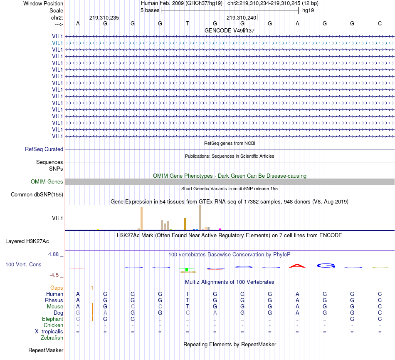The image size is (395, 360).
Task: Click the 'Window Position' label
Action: pos(43,3)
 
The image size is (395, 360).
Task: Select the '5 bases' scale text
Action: pos(150,10)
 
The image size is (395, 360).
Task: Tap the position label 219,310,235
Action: pos(104,17)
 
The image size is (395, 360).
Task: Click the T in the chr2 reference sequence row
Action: pos(188,23)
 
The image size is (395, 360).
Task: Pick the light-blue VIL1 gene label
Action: pos(58,43)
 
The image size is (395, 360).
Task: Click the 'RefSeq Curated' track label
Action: pos(44,149)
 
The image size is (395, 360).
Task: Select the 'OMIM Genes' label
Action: pos(47,181)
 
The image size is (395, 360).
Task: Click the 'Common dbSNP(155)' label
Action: pos(37,194)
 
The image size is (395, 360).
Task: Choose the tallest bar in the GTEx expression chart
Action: pos(200,217)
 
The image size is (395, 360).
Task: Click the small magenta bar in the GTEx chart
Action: pos(220,228)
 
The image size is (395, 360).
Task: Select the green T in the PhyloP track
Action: pos(187,270)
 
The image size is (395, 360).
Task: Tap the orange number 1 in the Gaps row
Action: pos(92,288)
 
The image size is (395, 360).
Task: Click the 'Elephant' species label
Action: pos(52,319)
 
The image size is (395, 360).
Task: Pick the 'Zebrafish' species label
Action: pos(52,338)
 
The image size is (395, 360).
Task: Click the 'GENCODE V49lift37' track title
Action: pos(230,30)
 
